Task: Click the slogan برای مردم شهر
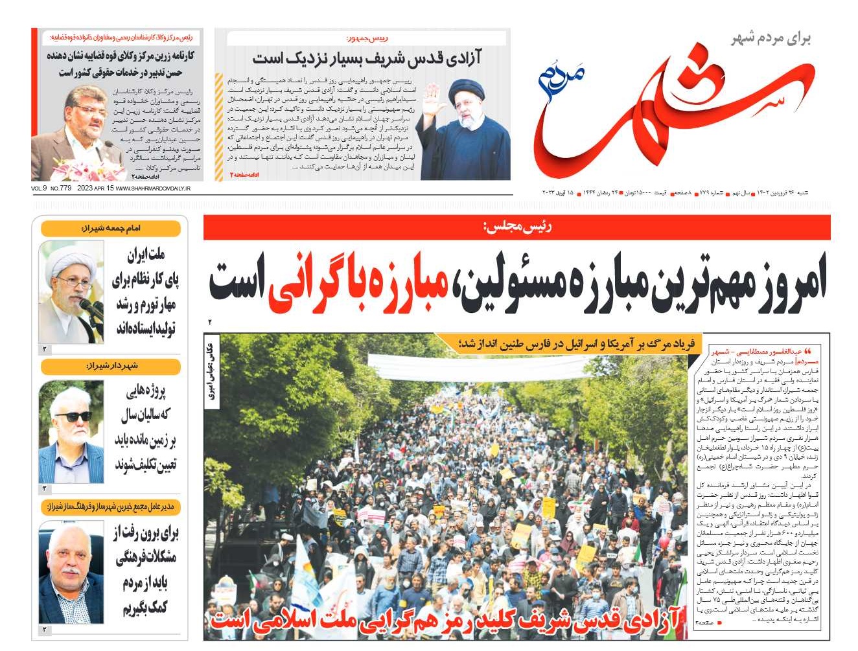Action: coord(771,38)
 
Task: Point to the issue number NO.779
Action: coord(60,188)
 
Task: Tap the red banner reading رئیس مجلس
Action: coord(516,227)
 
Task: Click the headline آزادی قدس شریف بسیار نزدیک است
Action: coord(367,59)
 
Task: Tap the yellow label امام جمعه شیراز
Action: coord(111,229)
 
